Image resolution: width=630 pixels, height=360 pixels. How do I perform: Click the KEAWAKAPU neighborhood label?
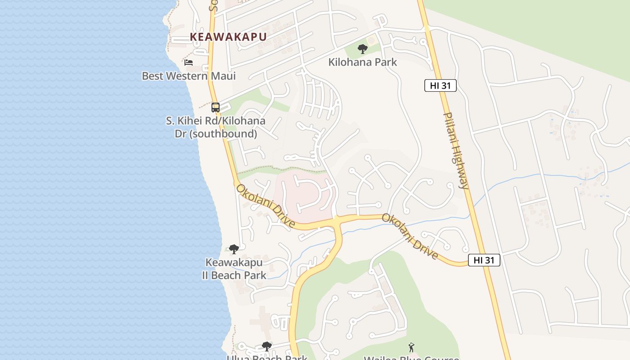pos(228,37)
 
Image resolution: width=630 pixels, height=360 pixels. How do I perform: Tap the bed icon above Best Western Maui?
pos(189,63)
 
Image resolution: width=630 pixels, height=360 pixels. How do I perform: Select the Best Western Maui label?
pos(189,76)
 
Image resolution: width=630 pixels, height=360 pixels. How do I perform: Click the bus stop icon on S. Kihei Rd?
pos(216,108)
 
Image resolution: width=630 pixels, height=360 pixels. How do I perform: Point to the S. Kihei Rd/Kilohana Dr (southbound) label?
pos(216,127)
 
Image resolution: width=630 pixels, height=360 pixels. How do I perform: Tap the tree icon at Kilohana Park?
pos(362,49)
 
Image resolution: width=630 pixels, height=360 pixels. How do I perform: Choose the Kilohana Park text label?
pos(362,62)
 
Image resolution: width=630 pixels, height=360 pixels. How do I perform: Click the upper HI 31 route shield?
pos(440,85)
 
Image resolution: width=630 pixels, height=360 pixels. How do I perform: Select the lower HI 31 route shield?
pos(484,260)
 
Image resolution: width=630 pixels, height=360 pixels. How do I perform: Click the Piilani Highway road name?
pos(455,150)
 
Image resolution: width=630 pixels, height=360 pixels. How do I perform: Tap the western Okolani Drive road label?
pos(265,206)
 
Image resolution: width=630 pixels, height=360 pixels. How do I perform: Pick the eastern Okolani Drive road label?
pos(410,236)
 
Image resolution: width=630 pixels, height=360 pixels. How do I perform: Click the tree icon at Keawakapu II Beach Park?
pos(234,249)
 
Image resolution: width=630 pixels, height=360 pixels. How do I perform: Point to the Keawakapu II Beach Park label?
pos(234,269)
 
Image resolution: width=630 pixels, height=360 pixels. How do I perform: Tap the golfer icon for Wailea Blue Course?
pos(411,347)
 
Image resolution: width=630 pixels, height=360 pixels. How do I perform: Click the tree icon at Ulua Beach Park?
pos(266,346)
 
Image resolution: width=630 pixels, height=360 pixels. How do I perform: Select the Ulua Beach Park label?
pos(266,358)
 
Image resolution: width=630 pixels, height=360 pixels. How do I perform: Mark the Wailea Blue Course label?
pos(411,358)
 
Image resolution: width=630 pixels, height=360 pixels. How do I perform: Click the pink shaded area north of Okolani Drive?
pos(306,198)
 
